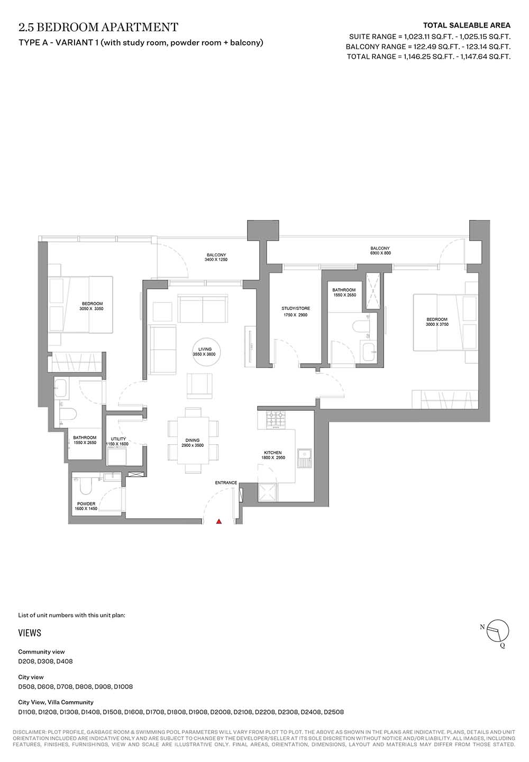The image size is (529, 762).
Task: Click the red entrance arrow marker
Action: [219, 521]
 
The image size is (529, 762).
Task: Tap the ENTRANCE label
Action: [226, 483]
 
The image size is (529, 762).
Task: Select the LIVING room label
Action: [205, 349]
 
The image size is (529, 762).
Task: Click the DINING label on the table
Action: [193, 440]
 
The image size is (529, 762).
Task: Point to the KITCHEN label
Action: [272, 453]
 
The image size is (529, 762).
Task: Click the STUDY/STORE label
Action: [296, 308]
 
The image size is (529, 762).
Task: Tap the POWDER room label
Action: [86, 504]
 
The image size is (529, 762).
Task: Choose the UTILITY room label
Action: [118, 439]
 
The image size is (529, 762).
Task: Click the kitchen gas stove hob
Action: [276, 419]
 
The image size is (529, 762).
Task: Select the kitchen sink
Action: [304, 459]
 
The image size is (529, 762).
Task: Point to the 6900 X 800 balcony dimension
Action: [380, 253]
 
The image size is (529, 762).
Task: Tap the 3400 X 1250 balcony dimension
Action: [216, 260]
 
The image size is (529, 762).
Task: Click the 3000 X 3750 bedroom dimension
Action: [437, 324]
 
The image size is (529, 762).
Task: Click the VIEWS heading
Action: [30, 633]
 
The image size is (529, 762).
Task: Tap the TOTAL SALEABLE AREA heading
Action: [467, 25]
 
